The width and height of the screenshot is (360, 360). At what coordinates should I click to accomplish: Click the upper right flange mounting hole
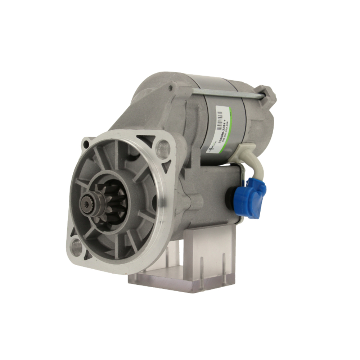pos(163,146)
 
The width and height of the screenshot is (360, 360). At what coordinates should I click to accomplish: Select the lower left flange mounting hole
pos(76,247)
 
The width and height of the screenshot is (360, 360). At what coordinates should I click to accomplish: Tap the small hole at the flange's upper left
pos(86,145)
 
